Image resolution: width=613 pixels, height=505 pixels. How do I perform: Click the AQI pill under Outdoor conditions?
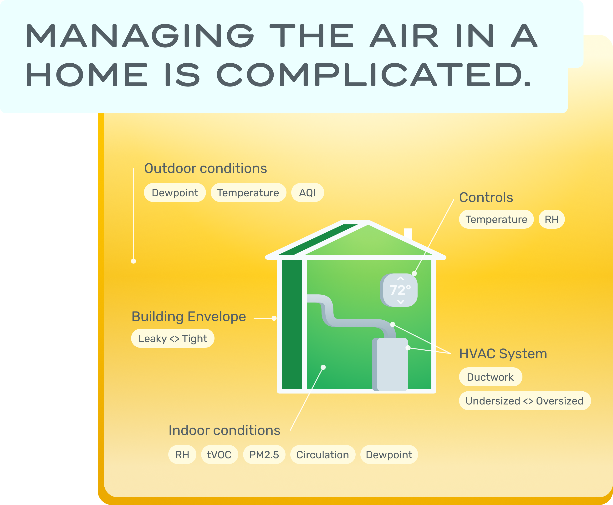tap(308, 192)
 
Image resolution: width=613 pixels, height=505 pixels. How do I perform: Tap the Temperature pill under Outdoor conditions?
tap(248, 192)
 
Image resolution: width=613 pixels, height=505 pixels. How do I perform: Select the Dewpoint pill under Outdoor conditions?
tap(175, 192)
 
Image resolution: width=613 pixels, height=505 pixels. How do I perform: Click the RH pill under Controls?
tap(552, 219)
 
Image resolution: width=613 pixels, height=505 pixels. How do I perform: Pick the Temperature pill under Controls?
tap(496, 219)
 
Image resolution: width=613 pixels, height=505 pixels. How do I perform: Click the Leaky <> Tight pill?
tap(173, 338)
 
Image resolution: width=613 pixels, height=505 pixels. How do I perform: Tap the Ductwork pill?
tap(490, 377)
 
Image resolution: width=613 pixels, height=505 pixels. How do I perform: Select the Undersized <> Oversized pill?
tap(525, 401)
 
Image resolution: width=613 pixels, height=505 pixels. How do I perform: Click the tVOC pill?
tap(220, 455)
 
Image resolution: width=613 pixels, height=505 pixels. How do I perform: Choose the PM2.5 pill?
tap(264, 455)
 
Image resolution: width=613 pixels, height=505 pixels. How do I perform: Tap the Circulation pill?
tap(323, 455)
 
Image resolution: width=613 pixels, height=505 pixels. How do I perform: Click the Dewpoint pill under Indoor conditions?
tap(389, 455)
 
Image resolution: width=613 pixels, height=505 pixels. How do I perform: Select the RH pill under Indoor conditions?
tap(182, 455)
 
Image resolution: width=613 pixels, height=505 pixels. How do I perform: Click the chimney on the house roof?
tap(408, 234)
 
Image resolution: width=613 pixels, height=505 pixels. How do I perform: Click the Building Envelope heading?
tap(189, 317)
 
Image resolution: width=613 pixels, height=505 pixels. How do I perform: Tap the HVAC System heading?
tap(503, 354)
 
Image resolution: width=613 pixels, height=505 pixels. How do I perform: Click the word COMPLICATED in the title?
tap(374, 75)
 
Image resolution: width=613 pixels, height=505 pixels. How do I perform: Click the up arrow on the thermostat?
tap(400, 279)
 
